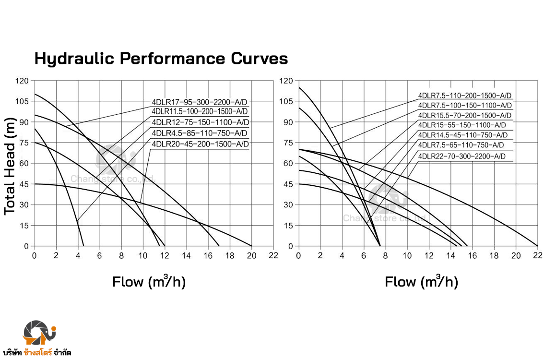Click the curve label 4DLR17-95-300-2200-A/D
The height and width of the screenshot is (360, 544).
point(200,102)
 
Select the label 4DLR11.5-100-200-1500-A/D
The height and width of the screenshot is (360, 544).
point(200,111)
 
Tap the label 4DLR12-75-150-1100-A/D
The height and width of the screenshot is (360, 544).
point(200,122)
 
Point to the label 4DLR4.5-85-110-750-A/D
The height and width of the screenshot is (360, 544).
point(200,133)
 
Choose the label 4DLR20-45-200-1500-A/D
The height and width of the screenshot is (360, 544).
point(200,144)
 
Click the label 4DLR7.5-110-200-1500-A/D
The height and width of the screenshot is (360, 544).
point(464,95)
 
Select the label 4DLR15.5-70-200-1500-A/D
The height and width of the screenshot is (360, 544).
point(464,116)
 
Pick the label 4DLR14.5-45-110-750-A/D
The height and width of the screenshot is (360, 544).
point(462,135)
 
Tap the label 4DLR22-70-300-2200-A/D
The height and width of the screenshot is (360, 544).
point(461,156)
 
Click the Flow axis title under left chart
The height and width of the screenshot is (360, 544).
point(149,281)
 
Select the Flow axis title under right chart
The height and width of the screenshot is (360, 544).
point(421,281)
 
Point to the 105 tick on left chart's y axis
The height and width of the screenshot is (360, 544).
point(22,101)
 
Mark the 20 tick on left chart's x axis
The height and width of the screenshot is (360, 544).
point(251,255)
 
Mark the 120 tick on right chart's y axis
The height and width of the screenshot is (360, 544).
point(286,81)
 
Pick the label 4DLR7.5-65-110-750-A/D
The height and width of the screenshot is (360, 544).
point(461,145)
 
